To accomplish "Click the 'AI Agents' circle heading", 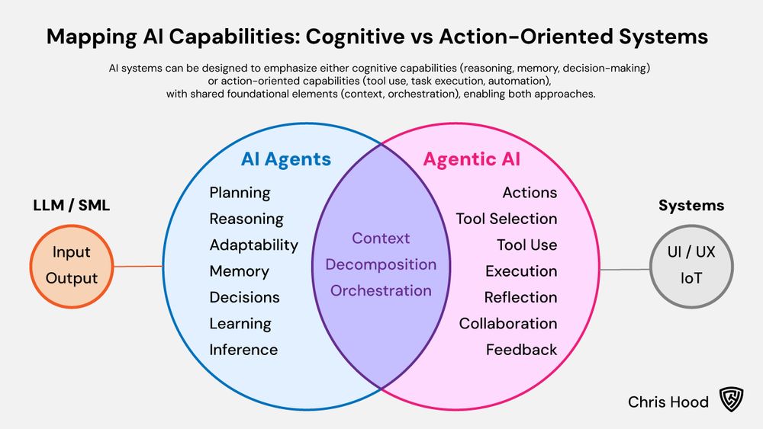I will (x=286, y=159).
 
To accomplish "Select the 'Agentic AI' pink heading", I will (x=472, y=159).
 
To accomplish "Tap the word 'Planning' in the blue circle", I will (x=240, y=193).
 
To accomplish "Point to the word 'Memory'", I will (x=239, y=271).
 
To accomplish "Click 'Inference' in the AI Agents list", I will (x=243, y=350).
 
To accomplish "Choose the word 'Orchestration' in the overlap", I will (x=381, y=290).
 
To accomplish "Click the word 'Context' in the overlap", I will (x=381, y=239).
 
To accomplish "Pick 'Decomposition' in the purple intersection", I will (x=381, y=264).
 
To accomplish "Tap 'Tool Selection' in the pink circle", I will (x=507, y=219).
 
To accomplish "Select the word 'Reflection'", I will (x=520, y=297).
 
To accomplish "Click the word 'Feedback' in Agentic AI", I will (x=522, y=350).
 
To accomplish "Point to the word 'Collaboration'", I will (x=508, y=324).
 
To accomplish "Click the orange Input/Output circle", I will (x=72, y=265).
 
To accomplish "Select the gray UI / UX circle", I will (x=692, y=265).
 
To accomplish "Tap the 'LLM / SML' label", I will (x=72, y=206).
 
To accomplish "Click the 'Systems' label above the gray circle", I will (x=691, y=206).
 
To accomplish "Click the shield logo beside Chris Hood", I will (x=729, y=401).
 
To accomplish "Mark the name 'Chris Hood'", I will (x=668, y=402).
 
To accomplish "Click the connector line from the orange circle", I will (x=139, y=266).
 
